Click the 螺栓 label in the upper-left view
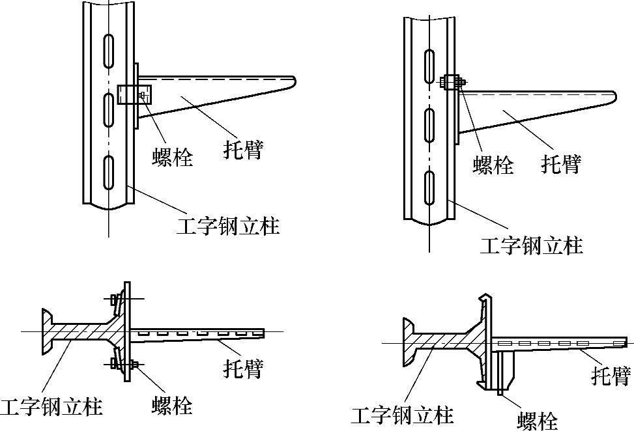coord(173,157)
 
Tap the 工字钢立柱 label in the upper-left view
coord(228,226)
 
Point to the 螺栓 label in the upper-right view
coord(493,165)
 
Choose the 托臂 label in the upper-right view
coord(560,164)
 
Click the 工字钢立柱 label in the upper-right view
coord(531,245)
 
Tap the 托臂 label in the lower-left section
coord(243,368)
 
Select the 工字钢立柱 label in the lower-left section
coord(51,407)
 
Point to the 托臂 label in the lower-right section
coord(611,376)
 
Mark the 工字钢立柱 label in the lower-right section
coord(402,414)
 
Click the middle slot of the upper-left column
coord(109,107)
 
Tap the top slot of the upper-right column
coord(429,66)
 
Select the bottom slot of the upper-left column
coord(109,171)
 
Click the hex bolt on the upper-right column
coord(452,82)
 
